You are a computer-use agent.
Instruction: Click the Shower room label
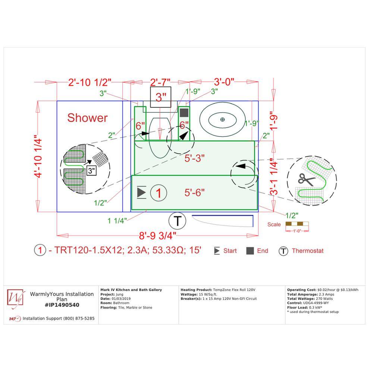[x=87, y=118]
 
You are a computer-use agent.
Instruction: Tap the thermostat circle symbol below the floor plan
[x=178, y=221]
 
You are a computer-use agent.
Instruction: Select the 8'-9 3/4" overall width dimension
[x=157, y=235]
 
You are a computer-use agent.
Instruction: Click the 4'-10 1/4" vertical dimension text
[x=38, y=156]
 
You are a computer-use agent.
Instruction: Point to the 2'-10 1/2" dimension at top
[x=90, y=82]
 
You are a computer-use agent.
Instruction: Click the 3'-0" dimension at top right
[x=224, y=82]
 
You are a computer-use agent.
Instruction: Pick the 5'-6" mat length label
[x=195, y=192]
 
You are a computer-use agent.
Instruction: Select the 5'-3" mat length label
[x=195, y=158]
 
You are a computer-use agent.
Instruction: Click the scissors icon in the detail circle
[x=306, y=179]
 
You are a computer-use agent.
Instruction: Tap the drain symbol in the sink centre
[x=222, y=119]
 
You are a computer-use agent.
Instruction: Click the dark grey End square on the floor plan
[x=184, y=113]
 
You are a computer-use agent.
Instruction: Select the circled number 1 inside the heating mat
[x=159, y=193]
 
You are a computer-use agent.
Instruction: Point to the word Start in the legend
[x=230, y=251]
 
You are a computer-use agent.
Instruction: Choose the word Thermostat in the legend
[x=308, y=251]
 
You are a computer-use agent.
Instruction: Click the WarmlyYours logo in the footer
[x=16, y=298]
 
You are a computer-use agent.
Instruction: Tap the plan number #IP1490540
[x=62, y=305]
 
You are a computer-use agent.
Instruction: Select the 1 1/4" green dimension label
[x=117, y=221]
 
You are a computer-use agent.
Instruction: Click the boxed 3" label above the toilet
[x=160, y=97]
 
